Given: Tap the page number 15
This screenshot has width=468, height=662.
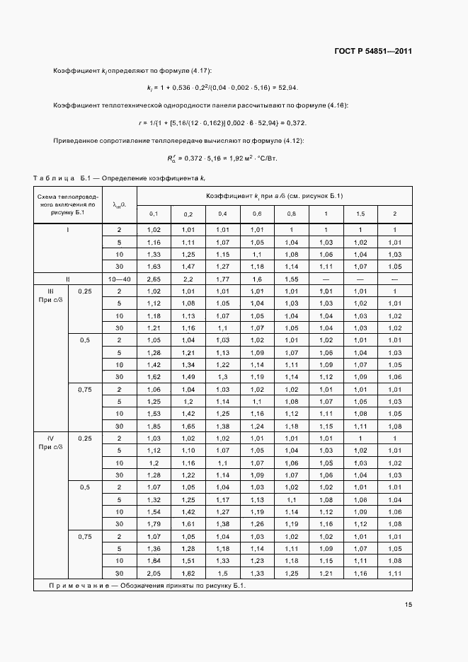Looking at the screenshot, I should [409, 605].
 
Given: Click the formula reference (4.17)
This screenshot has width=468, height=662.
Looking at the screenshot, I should [198, 71].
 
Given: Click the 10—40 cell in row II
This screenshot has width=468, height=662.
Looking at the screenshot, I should [119, 279].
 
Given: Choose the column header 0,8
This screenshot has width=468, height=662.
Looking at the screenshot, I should [291, 214].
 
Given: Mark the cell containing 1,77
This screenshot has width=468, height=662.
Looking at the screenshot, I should [222, 279].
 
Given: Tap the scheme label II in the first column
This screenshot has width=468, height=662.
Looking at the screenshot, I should [68, 279].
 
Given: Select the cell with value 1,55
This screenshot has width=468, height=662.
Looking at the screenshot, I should [291, 279].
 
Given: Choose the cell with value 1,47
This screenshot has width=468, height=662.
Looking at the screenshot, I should [188, 266].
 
